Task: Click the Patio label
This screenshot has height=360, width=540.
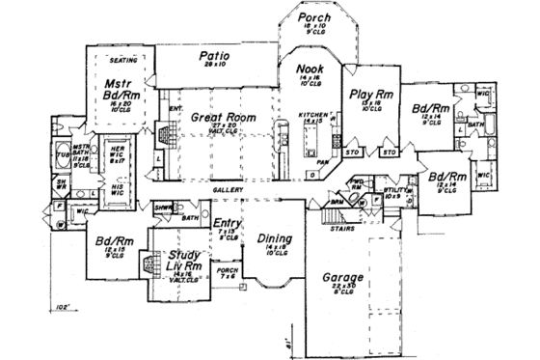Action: pyautogui.click(x=214, y=56)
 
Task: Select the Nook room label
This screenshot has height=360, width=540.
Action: pyautogui.click(x=309, y=71)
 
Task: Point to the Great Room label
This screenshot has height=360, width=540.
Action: pyautogui.click(x=223, y=117)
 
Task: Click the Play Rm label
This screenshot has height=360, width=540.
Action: pyautogui.click(x=368, y=95)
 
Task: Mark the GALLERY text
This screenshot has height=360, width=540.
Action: pyautogui.click(x=228, y=189)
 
